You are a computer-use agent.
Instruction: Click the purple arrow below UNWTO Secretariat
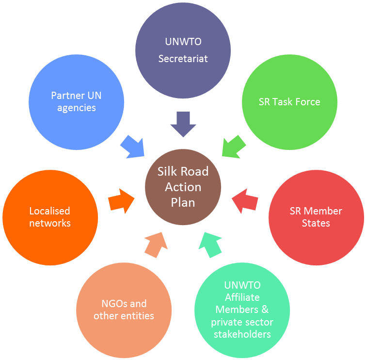183,124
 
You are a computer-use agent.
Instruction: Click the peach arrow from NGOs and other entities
156,245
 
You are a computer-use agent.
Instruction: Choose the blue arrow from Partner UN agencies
133,146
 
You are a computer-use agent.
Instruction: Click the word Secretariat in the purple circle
183,59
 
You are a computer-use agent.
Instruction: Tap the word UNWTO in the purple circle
183,42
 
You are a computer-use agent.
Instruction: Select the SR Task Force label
289,102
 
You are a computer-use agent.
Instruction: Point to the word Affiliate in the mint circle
242,297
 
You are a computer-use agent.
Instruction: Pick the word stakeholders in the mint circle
242,334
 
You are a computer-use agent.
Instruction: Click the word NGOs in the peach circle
112,304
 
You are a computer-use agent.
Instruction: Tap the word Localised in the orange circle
49,211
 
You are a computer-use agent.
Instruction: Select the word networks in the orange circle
49,223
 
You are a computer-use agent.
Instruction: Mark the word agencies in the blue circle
77,108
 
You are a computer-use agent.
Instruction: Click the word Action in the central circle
183,187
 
